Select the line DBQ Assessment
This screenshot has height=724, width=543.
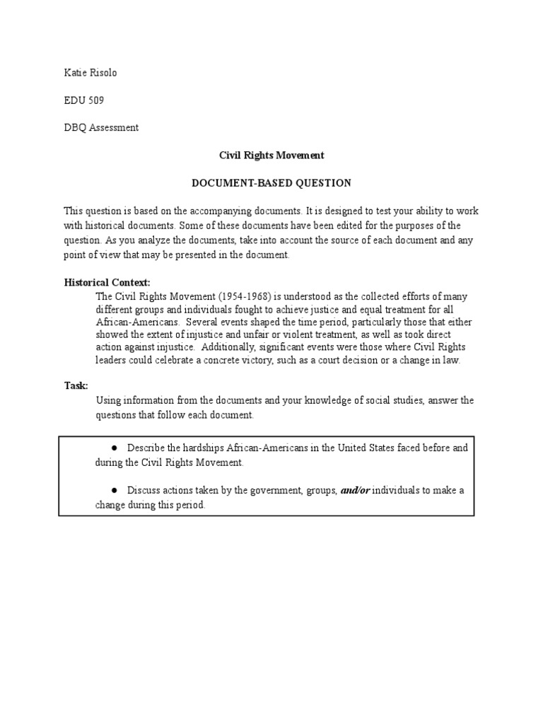(101, 128)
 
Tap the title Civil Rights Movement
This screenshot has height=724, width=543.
(271, 155)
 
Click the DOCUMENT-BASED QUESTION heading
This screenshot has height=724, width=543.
(271, 183)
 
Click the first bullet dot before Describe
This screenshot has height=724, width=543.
(114, 448)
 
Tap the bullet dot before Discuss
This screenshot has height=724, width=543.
(114, 490)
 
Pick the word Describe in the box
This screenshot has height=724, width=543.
(146, 448)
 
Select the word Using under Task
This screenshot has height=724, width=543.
(109, 401)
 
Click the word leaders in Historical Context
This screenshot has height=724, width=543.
(112, 360)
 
